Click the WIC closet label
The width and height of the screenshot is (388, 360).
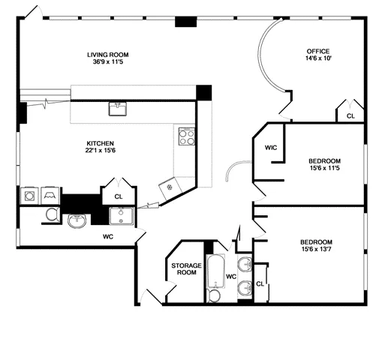[271, 148]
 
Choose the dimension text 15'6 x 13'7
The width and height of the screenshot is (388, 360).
[316, 251]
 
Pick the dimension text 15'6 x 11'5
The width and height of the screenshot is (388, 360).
[324, 169]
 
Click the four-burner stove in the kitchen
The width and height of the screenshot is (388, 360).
[186, 136]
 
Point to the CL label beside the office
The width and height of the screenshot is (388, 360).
[350, 116]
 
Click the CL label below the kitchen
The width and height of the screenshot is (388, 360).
[118, 196]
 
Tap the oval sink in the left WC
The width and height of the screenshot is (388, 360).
[77, 220]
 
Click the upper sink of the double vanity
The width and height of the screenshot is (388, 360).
[244, 264]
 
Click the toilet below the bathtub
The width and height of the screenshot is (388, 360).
[215, 296]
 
